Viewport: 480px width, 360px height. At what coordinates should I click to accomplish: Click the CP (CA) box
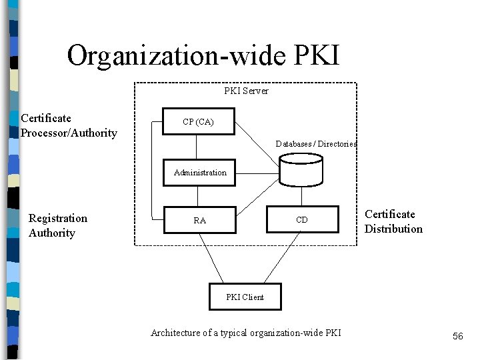coord(198,123)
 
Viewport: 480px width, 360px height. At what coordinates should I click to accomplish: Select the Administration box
coord(200,172)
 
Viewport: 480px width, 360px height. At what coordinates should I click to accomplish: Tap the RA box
coord(199,221)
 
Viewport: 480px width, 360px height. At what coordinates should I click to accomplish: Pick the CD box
coord(301,221)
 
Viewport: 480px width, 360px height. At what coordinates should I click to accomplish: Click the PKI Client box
coord(245,297)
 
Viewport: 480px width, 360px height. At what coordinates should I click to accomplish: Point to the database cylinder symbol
coord(301,169)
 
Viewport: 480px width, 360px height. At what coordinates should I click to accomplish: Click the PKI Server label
coord(246,91)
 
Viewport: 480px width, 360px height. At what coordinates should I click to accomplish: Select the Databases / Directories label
coord(317,144)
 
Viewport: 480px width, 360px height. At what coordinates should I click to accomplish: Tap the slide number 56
coord(457,337)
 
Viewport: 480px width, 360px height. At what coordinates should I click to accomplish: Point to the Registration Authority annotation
coord(57,225)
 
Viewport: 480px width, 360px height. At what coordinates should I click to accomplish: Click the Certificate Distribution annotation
coord(393,221)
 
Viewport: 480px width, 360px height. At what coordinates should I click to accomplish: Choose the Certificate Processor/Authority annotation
coord(69,125)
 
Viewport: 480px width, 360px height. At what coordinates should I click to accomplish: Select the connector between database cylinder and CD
coord(301,196)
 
